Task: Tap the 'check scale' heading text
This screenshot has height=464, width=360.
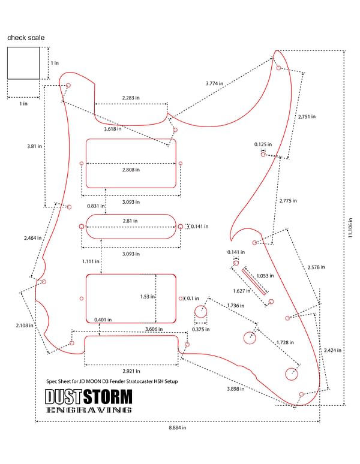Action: tap(26, 38)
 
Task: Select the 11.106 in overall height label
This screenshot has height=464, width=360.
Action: tap(350, 228)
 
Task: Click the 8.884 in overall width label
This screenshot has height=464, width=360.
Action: tap(178, 427)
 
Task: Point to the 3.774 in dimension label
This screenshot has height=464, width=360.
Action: tap(214, 83)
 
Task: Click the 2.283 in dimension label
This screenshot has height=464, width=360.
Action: tap(131, 98)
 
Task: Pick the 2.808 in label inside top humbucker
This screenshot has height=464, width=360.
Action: tap(131, 170)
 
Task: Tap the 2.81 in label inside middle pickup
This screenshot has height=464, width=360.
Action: tap(130, 221)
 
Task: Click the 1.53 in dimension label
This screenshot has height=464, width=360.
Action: tap(147, 297)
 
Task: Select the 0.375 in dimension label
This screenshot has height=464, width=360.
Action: tap(201, 329)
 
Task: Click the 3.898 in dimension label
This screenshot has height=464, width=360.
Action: tap(236, 389)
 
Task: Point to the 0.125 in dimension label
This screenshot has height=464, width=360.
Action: tap(263, 144)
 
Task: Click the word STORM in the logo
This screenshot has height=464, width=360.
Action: tap(107, 397)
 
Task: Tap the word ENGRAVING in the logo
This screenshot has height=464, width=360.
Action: tap(89, 410)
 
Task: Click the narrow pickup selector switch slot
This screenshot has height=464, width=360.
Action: tap(254, 281)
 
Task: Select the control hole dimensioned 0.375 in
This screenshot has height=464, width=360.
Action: tap(201, 306)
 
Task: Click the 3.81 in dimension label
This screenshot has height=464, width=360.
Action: tap(34, 146)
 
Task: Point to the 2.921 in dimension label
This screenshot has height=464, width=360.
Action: tap(131, 371)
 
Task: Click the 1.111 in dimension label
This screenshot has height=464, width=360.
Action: tap(91, 261)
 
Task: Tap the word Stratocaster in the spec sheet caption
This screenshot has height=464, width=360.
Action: tap(139, 381)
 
